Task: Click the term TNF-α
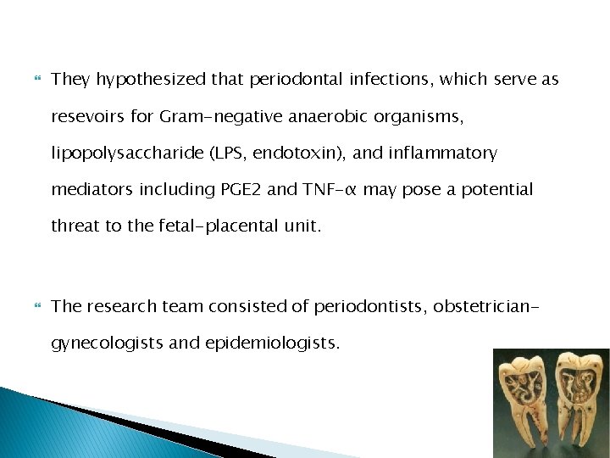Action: click(x=321, y=189)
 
